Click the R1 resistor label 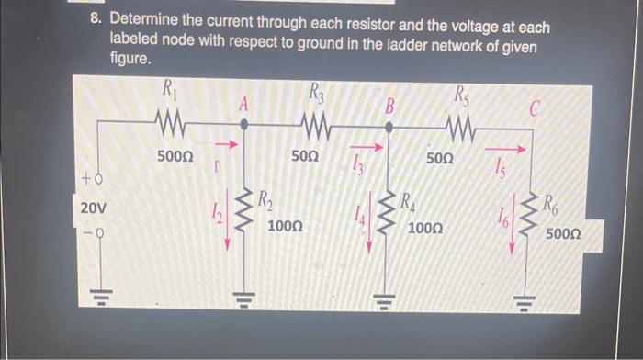coord(168,89)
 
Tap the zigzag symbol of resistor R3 coord(316,125)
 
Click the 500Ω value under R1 coord(175,157)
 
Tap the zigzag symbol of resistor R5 coord(460,125)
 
